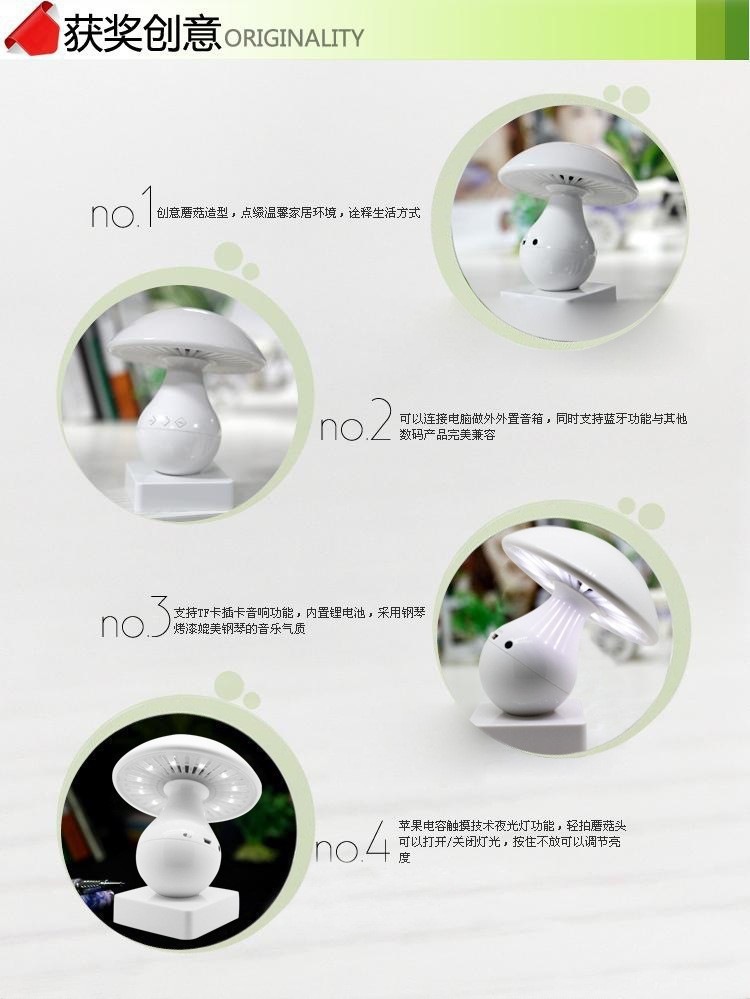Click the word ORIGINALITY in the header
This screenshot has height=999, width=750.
(x=294, y=38)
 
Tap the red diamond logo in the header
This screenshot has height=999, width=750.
(x=32, y=29)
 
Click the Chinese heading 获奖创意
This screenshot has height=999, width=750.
(x=141, y=32)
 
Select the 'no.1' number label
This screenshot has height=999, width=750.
(x=122, y=208)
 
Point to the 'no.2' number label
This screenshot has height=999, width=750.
(x=356, y=420)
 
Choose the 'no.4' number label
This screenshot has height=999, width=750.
(x=352, y=842)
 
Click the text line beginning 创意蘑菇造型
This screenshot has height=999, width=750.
(x=288, y=213)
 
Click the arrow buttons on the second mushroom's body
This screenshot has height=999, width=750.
(x=166, y=422)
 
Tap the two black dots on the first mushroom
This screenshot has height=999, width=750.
(x=529, y=243)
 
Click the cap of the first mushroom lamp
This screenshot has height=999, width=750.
(x=567, y=169)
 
